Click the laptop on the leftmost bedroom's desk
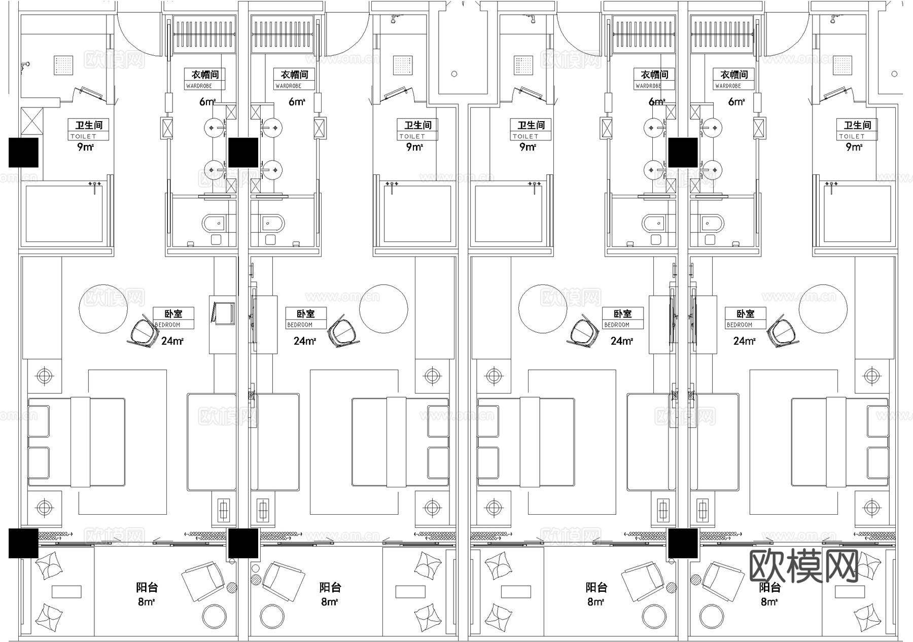click(224, 312)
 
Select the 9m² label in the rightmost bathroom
click(854, 147)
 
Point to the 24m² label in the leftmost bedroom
click(172, 341)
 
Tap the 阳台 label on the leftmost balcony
click(147, 588)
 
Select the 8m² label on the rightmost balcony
click(769, 602)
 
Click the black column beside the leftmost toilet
click(23, 152)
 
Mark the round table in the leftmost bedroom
click(104, 309)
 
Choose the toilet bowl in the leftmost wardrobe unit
click(215, 223)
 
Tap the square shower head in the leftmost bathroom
click(64, 65)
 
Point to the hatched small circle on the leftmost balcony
click(232, 588)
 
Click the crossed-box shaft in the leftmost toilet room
click(31, 124)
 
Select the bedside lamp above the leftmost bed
click(45, 376)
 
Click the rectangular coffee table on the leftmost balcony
click(66, 591)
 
